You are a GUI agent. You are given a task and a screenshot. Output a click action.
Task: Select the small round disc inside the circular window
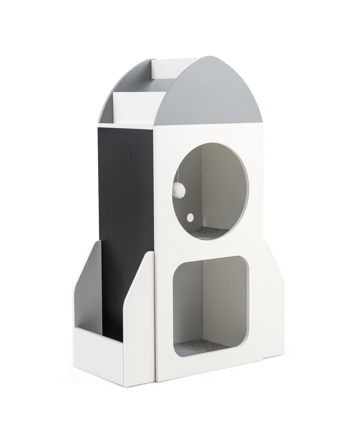[190, 217]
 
